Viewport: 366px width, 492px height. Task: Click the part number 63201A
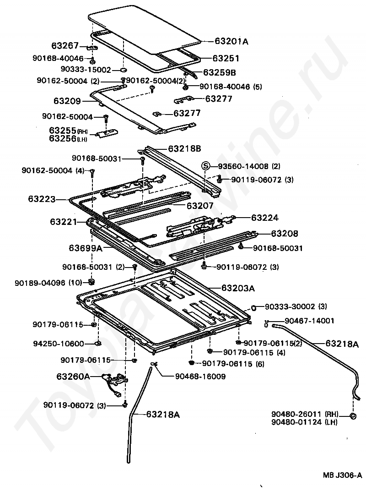(231, 41)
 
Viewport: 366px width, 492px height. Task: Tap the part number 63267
(65, 46)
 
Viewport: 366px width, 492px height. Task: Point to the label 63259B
(219, 72)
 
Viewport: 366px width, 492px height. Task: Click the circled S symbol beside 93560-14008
(206, 166)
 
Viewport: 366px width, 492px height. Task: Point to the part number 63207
(200, 206)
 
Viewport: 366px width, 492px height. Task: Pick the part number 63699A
(85, 248)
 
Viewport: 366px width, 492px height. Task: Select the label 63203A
(238, 288)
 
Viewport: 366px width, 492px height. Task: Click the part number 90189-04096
(44, 282)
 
